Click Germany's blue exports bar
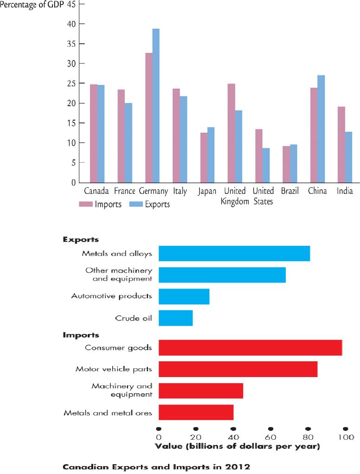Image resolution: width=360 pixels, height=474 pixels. (x=156, y=105)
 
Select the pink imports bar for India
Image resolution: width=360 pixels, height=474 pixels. (x=341, y=145)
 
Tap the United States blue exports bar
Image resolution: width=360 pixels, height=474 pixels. (x=266, y=166)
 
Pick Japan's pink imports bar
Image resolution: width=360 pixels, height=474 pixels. (x=204, y=158)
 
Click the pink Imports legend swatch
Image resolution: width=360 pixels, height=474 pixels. (x=85, y=205)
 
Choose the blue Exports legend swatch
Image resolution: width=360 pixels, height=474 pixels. (x=136, y=205)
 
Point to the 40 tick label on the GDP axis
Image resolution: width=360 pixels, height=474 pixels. (x=71, y=24)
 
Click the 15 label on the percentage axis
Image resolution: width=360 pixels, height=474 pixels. (x=71, y=123)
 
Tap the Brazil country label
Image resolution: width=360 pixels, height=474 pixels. (x=290, y=191)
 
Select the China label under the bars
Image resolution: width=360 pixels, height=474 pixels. (x=317, y=191)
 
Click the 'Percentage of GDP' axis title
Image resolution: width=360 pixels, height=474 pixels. (x=32, y=5)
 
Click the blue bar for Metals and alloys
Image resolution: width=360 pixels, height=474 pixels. (x=234, y=253)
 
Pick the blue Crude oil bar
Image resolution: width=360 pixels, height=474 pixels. (x=176, y=318)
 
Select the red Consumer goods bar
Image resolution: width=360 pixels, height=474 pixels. (x=250, y=348)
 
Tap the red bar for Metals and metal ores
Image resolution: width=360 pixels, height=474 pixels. (x=196, y=412)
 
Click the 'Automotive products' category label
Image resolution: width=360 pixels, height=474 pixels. (x=111, y=296)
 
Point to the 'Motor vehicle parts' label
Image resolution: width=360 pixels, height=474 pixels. (x=114, y=369)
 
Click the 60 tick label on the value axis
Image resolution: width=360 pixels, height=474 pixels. (x=270, y=437)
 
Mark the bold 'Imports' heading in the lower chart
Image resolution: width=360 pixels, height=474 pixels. (x=81, y=335)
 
